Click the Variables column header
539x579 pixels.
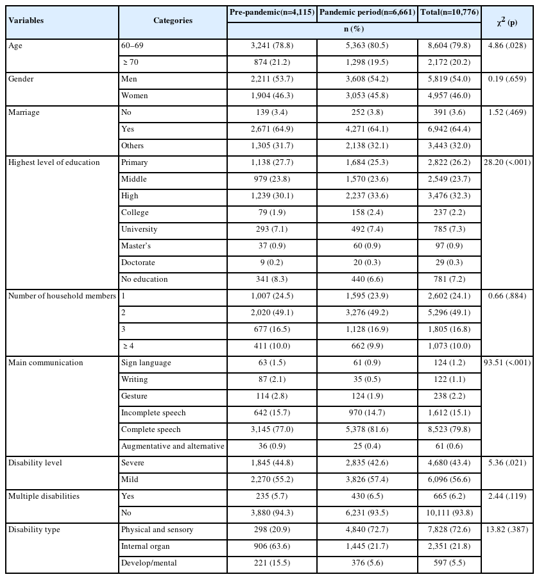pyautogui.click(x=26, y=21)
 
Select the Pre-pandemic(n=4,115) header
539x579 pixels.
pyautogui.click(x=272, y=12)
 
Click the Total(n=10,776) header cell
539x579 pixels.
pyautogui.click(x=449, y=12)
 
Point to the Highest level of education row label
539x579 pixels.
pyautogui.click(x=54, y=162)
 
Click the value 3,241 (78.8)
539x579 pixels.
pyautogui.click(x=272, y=46)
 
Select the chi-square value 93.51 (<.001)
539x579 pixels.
pyautogui.click(x=508, y=363)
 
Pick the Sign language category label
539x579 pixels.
pyautogui.click(x=146, y=363)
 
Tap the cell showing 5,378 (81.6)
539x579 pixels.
pyautogui.click(x=367, y=429)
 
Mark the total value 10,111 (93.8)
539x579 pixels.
pyautogui.click(x=449, y=513)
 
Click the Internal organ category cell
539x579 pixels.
pyautogui.click(x=146, y=546)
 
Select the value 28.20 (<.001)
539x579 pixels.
pyautogui.click(x=508, y=162)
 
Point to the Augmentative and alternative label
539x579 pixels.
pyautogui.click(x=173, y=446)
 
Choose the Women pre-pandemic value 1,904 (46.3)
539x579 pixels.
pyautogui.click(x=272, y=96)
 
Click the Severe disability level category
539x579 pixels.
pyautogui.click(x=133, y=463)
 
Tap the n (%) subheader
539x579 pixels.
pyautogui.click(x=354, y=29)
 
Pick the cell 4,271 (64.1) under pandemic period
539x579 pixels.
pyautogui.click(x=367, y=129)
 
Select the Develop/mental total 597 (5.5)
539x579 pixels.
pyautogui.click(x=449, y=563)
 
